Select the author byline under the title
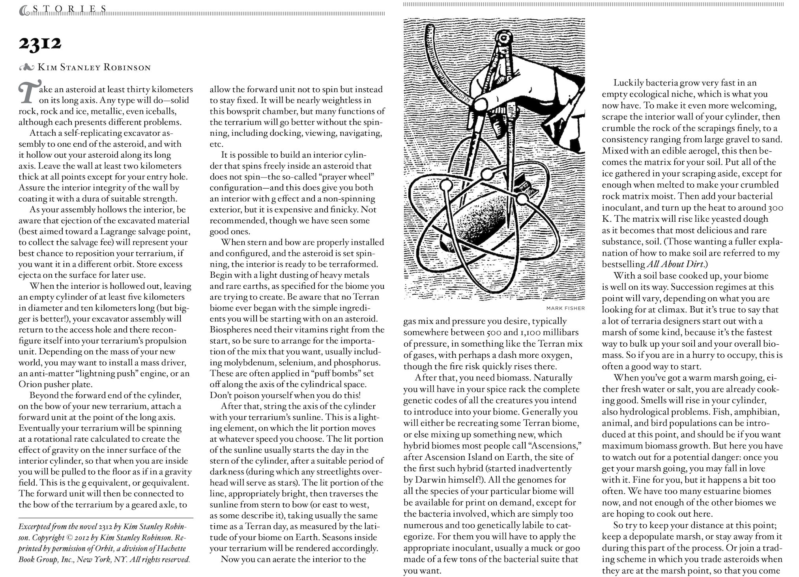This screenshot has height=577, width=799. [x=94, y=67]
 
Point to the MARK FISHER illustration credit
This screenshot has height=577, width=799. [x=565, y=308]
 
